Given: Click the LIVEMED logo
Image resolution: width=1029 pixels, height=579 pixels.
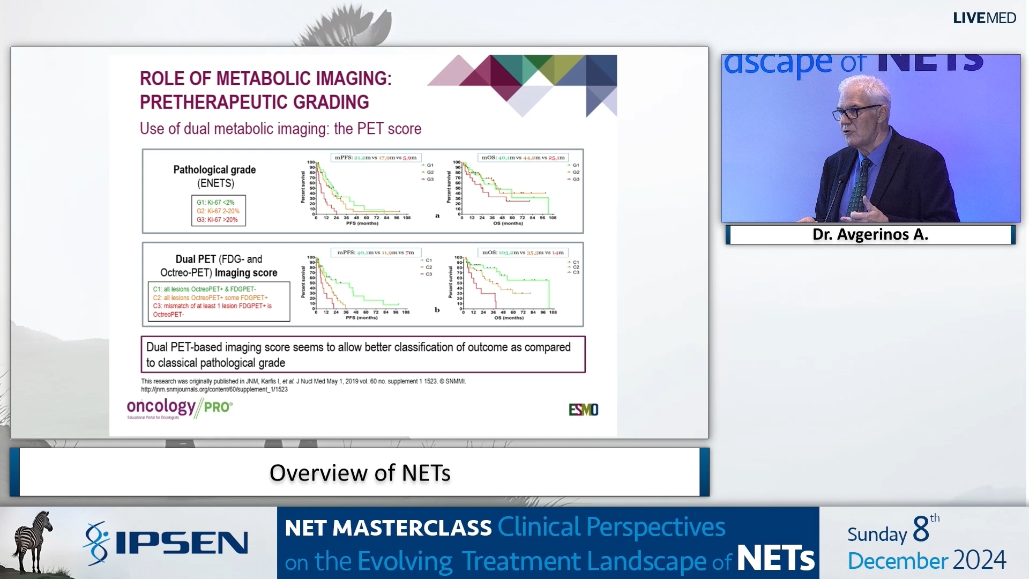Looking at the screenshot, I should (984, 18).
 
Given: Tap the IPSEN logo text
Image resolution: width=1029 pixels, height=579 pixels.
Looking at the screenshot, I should (181, 543).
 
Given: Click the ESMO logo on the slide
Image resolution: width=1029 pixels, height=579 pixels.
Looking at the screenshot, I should (583, 410).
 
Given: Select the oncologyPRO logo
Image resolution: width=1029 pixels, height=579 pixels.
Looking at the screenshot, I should (180, 409).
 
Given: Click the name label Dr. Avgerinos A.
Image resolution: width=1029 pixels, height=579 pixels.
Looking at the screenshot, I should (870, 235).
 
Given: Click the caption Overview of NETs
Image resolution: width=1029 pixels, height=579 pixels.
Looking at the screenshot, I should (360, 473).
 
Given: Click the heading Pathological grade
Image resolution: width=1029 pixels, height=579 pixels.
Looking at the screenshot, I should (214, 170).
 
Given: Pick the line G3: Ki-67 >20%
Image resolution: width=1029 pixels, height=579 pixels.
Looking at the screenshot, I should (217, 220).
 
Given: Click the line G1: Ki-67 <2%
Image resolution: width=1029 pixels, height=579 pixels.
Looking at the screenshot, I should (215, 203).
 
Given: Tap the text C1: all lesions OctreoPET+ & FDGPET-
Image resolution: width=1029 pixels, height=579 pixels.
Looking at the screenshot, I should (204, 289).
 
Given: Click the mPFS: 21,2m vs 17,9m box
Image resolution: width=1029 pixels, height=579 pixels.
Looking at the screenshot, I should (375, 158).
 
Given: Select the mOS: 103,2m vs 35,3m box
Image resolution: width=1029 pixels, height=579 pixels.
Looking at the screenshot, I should (523, 253).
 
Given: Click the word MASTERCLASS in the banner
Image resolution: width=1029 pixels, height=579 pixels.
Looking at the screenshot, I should (412, 528).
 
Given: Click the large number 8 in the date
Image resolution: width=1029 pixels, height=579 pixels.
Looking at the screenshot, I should (921, 529).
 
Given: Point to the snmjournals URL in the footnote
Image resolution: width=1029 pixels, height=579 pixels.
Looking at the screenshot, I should (214, 390).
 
